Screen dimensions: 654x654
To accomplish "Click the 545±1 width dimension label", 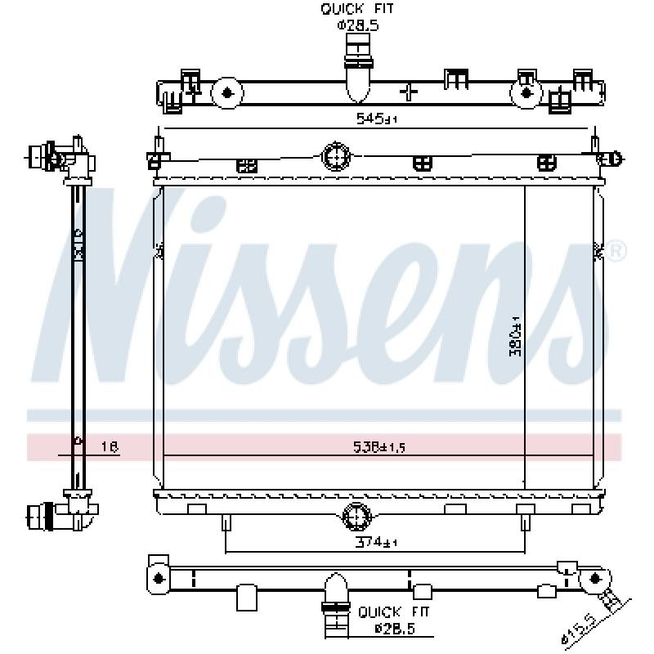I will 375,119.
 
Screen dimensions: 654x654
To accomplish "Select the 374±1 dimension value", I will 376,542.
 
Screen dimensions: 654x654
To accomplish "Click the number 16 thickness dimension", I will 109,447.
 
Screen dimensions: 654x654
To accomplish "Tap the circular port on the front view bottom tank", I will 356,517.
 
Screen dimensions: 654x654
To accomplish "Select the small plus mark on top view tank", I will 409,90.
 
